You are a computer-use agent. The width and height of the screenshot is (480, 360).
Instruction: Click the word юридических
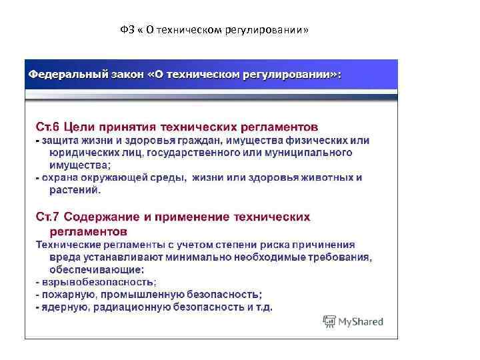[x=80, y=153]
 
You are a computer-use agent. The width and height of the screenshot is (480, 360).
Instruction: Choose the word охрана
[x=61, y=178]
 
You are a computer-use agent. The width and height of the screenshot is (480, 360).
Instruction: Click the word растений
[x=75, y=190]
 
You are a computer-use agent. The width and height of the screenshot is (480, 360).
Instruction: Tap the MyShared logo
[x=353, y=321]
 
